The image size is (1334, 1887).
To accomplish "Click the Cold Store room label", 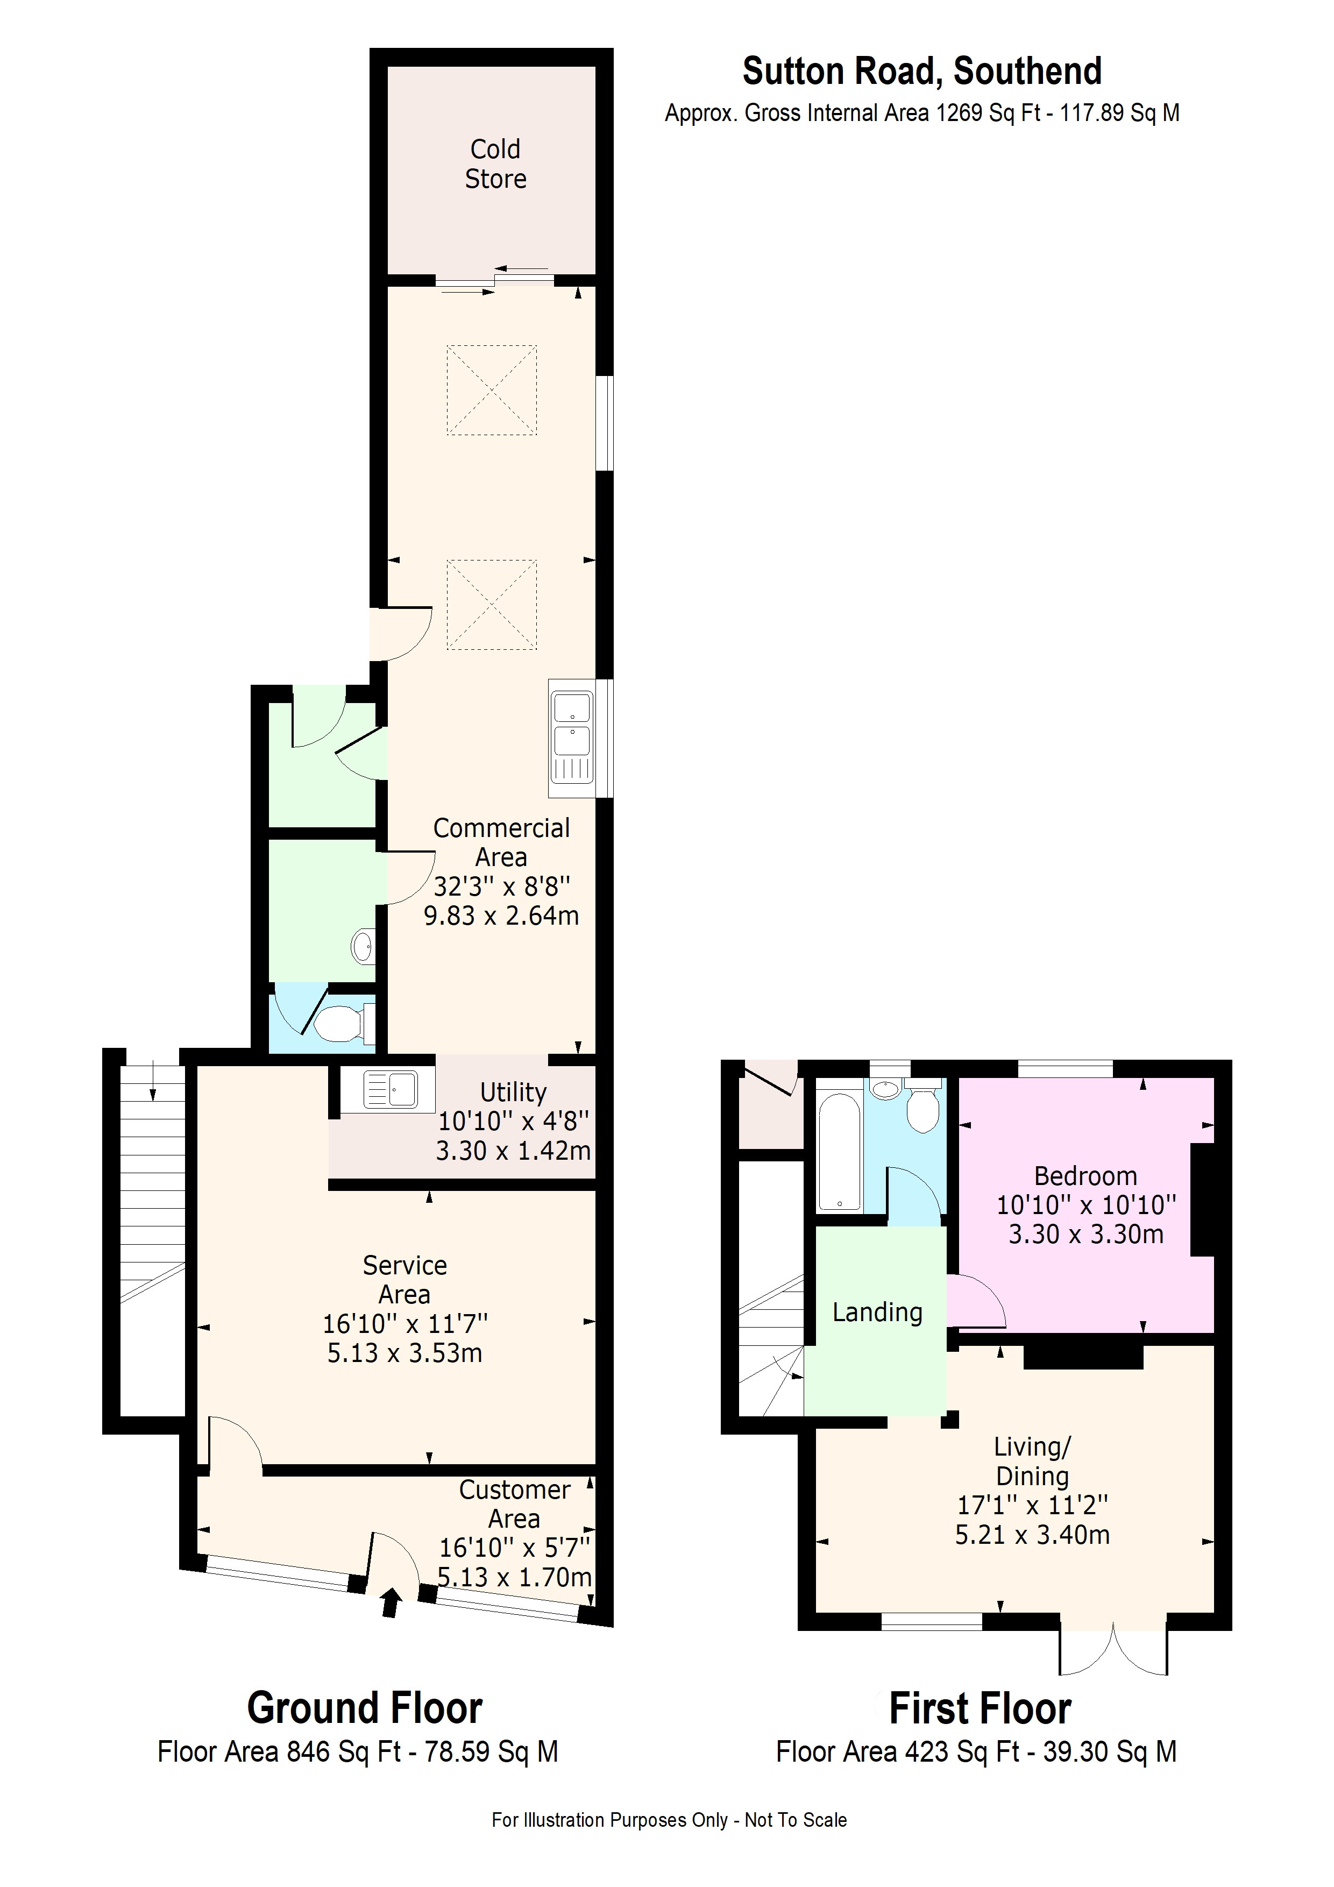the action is (495, 164).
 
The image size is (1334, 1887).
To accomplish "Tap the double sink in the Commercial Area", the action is (572, 738).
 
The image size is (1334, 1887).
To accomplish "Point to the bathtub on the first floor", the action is (839, 1151).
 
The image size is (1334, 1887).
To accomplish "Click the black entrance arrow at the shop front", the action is (391, 1602).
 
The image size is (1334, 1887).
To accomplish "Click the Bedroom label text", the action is (1085, 1175).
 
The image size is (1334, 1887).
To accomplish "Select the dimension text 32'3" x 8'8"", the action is (501, 886).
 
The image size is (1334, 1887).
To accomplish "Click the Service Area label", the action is (405, 1279).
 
